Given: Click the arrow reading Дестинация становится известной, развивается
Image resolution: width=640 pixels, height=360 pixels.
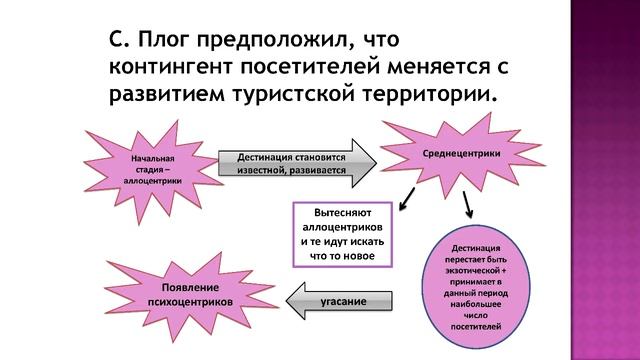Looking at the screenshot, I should click(x=293, y=164).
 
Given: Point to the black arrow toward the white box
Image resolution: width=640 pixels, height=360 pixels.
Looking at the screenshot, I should click(x=407, y=205).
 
